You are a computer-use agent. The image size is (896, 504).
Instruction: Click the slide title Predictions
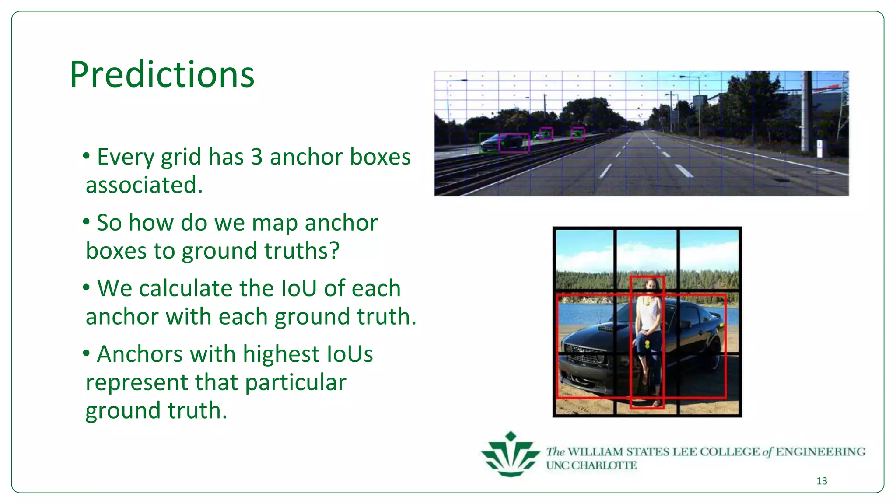pos(162,75)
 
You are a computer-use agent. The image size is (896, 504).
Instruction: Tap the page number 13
pos(822,481)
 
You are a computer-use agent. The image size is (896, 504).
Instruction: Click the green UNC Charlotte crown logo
pos(510,455)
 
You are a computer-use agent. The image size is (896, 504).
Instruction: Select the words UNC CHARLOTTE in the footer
pos(591,465)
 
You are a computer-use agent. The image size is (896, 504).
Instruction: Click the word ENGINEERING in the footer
pos(820,451)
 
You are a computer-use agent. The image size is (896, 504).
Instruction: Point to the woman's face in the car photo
pos(651,287)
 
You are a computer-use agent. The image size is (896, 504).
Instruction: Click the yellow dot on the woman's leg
pos(647,344)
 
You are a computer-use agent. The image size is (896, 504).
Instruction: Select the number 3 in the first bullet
pos(256,157)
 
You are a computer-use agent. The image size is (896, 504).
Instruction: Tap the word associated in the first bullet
pos(144,185)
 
